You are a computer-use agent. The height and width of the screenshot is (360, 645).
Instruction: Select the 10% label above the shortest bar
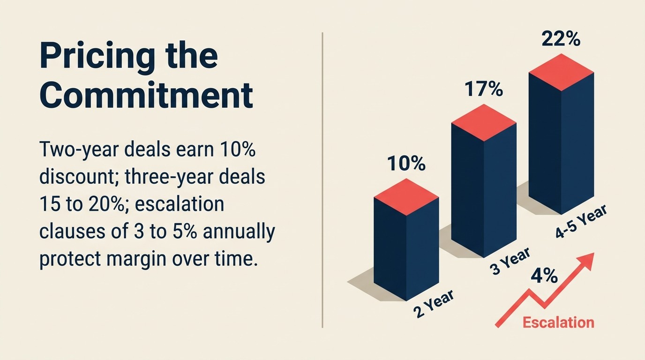click(406, 165)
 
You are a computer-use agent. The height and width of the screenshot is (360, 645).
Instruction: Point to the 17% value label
click(483, 90)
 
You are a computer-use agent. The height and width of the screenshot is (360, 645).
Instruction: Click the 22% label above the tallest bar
click(561, 39)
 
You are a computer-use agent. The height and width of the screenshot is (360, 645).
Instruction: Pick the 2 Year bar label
click(434, 304)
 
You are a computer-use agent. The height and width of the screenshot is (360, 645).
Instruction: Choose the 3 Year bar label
click(510, 262)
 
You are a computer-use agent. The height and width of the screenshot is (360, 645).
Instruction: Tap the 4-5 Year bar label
click(581, 222)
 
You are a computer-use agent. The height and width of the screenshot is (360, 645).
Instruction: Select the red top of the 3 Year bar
click(483, 123)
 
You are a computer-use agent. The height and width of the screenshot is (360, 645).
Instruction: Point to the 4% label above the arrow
click(544, 276)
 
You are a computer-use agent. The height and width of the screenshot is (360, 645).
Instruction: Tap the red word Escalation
click(558, 322)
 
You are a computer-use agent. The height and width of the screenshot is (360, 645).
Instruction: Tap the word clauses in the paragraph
click(70, 232)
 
